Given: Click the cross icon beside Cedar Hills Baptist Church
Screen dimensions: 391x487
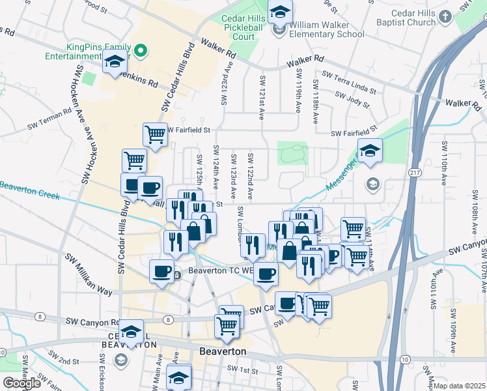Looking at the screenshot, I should [x=445, y=18].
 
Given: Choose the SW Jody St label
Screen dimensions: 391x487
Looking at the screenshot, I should [x=352, y=99].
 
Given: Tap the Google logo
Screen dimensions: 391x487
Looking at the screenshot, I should [x=21, y=383].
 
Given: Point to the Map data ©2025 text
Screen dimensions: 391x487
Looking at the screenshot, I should [x=460, y=386].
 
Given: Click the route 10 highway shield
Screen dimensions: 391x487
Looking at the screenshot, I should [x=406, y=360].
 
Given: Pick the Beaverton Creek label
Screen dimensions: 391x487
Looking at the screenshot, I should [x=29, y=190].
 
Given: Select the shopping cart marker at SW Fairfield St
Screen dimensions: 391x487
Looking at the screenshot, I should [x=155, y=135].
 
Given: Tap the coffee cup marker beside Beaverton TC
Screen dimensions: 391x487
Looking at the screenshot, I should [x=161, y=272].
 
